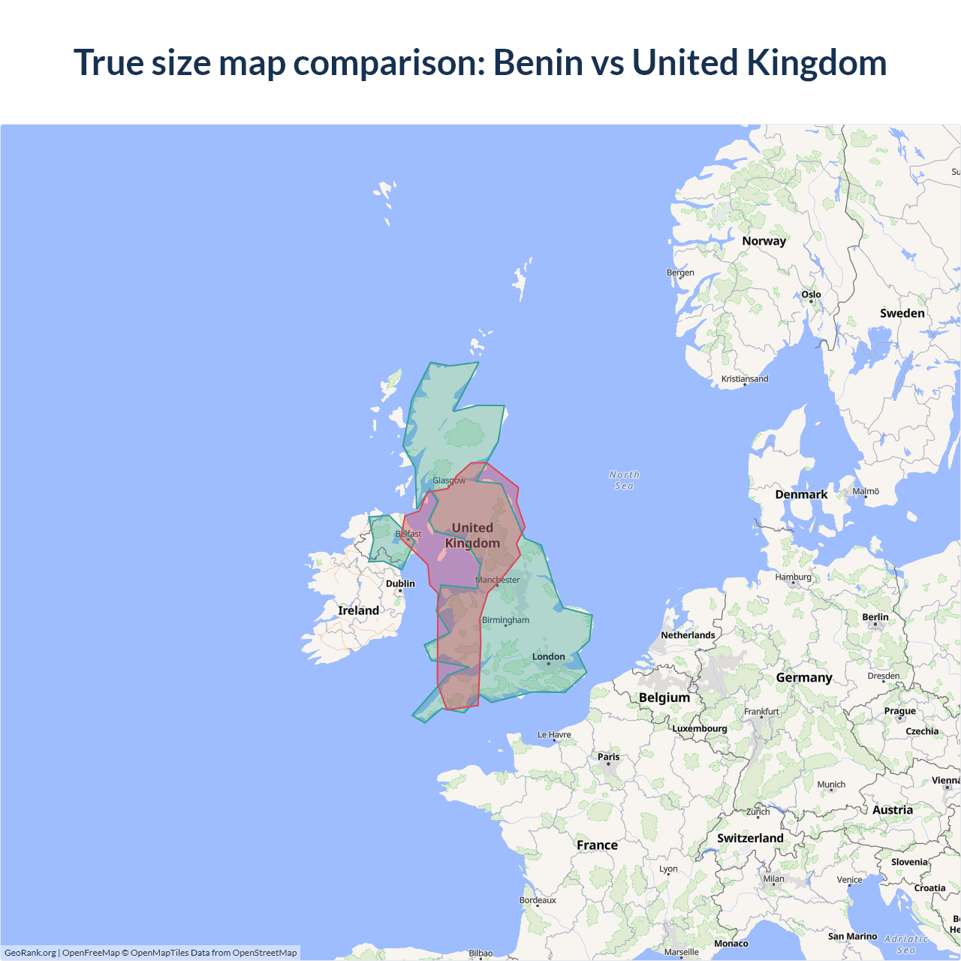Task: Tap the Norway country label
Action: click(x=764, y=241)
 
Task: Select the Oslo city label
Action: click(x=811, y=294)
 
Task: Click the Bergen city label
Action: click(x=680, y=273)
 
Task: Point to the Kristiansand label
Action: click(x=745, y=379)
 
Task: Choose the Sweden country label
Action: click(x=902, y=313)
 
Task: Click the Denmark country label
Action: click(x=801, y=494)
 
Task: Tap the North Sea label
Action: click(x=624, y=480)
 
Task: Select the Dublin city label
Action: click(x=400, y=583)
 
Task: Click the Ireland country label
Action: click(x=358, y=610)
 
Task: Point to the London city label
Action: click(x=548, y=657)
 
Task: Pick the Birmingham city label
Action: click(x=505, y=620)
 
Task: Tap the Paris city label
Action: click(x=608, y=757)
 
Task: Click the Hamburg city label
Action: click(x=793, y=577)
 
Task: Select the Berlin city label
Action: click(x=875, y=617)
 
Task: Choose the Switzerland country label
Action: click(x=750, y=838)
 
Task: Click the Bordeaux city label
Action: click(x=538, y=900)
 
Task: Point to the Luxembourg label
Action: click(x=699, y=728)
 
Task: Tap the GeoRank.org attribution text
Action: click(x=30, y=953)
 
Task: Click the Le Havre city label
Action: click(x=554, y=735)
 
